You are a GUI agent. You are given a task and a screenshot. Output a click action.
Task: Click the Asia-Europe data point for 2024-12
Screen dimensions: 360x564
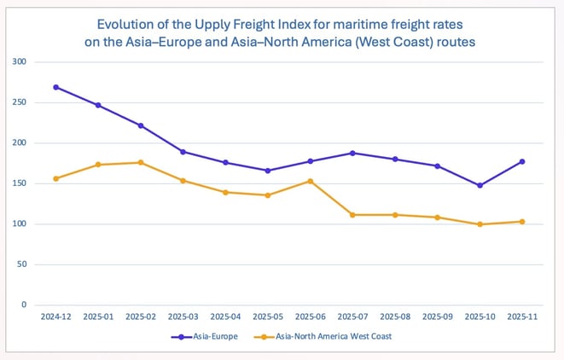56,87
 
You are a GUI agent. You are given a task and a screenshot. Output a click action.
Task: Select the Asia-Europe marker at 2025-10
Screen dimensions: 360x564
480,185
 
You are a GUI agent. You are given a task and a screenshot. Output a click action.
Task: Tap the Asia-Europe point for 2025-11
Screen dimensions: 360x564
522,161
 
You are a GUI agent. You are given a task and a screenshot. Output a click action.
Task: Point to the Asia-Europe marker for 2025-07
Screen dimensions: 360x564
352,153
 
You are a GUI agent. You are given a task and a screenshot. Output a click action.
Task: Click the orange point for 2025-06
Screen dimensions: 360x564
311,181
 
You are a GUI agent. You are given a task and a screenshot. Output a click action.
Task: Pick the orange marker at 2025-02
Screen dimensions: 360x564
141,163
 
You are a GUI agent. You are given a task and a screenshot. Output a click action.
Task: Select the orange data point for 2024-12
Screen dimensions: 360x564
56,178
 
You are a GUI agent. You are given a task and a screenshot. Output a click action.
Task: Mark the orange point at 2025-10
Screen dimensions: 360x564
480,224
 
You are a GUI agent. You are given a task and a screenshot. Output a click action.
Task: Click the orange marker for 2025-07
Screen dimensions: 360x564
352,215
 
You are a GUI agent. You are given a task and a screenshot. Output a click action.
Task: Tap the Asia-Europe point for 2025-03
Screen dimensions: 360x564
183,152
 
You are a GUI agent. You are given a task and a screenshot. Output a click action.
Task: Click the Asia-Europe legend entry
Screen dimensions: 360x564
205,337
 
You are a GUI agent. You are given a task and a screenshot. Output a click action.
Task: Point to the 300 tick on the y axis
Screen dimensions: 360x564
20,62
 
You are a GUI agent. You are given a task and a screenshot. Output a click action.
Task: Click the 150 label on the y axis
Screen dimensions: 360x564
20,183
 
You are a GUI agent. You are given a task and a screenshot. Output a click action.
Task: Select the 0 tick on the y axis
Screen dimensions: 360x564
24,305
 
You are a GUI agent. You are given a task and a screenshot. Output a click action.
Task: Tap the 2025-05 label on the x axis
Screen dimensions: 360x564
268,316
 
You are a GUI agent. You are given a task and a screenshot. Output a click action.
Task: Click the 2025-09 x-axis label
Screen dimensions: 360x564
437,316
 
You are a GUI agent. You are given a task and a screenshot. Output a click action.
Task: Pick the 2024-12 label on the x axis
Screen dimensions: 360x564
56,316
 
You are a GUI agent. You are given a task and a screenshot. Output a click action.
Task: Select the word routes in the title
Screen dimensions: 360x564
455,40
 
